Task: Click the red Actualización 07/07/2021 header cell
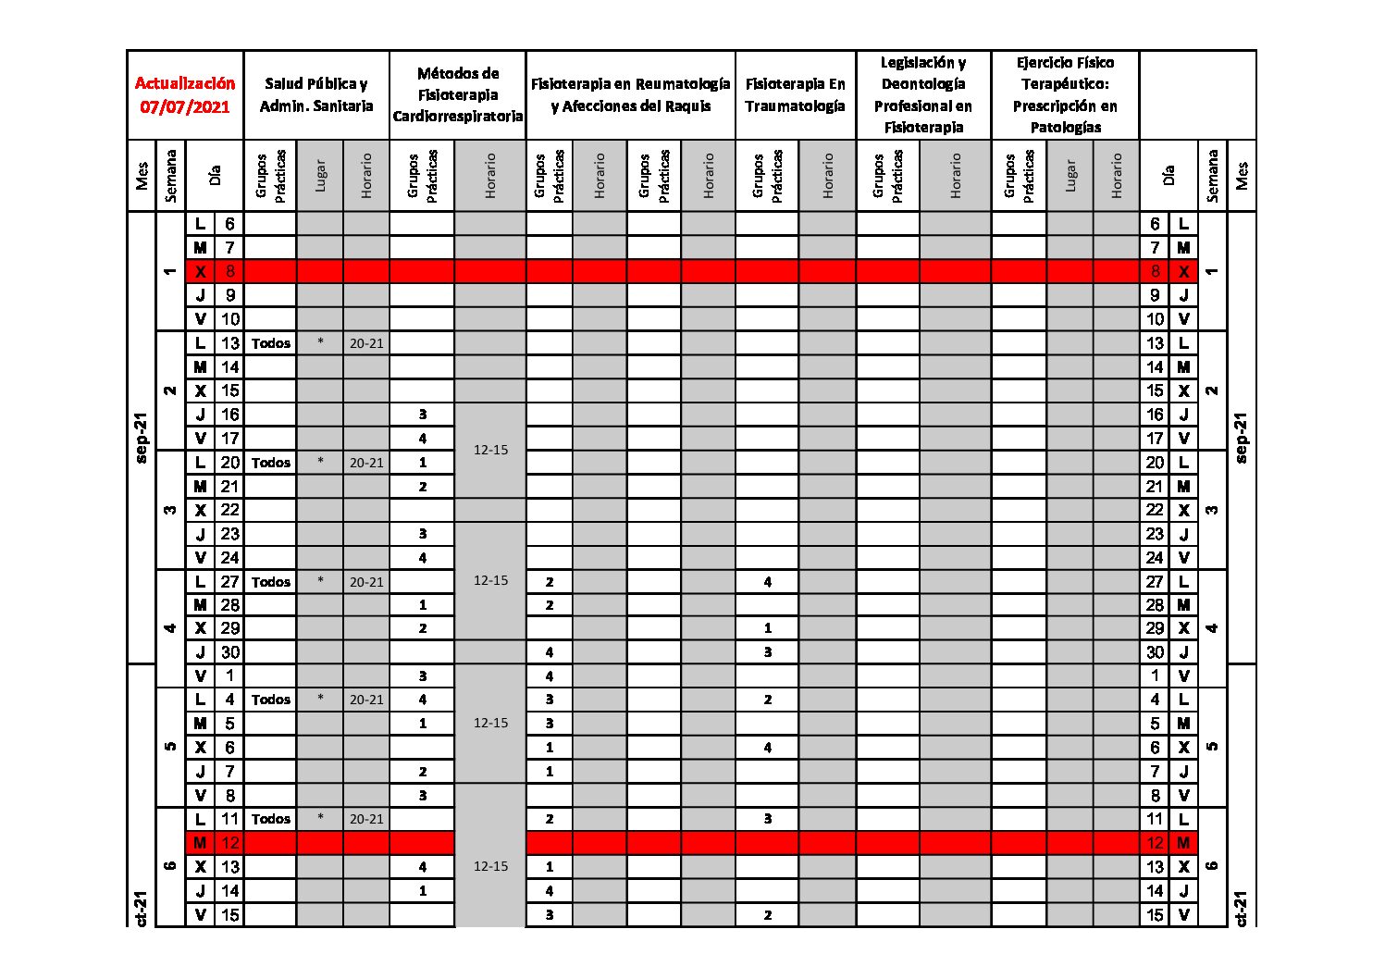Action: click(x=185, y=94)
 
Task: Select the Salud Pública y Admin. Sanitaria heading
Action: click(x=316, y=94)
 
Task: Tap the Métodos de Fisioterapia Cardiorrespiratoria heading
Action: click(x=458, y=94)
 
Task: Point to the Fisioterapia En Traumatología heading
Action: click(x=795, y=94)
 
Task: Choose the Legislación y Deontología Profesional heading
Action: click(x=922, y=94)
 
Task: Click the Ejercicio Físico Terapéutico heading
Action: click(x=1065, y=94)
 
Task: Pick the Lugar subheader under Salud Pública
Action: click(x=320, y=175)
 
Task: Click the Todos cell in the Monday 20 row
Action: click(x=271, y=463)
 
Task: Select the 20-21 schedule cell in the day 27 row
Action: click(x=366, y=582)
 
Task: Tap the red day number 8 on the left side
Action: click(x=229, y=271)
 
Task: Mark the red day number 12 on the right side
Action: click(x=1155, y=843)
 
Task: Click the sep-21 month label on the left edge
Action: click(x=142, y=437)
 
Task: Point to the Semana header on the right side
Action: click(x=1212, y=175)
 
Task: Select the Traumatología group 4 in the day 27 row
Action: click(x=768, y=582)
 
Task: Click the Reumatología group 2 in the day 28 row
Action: click(x=550, y=605)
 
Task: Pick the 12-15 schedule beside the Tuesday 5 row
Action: click(x=490, y=723)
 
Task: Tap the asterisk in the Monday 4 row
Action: click(x=320, y=700)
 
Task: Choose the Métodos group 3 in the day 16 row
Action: click(x=423, y=415)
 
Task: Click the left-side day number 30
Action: click(x=229, y=652)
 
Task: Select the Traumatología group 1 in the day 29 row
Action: click(x=768, y=628)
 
